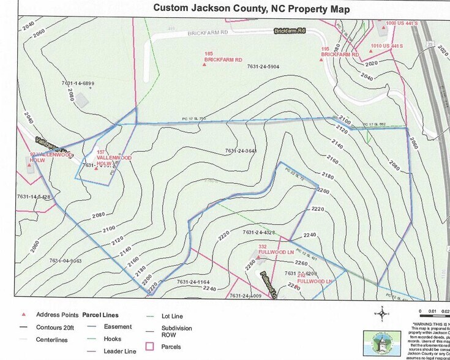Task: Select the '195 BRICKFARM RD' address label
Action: click(x=339, y=51)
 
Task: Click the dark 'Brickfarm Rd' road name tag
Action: click(x=289, y=31)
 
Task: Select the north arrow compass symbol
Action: click(x=383, y=315)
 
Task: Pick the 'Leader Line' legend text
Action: click(x=120, y=351)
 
